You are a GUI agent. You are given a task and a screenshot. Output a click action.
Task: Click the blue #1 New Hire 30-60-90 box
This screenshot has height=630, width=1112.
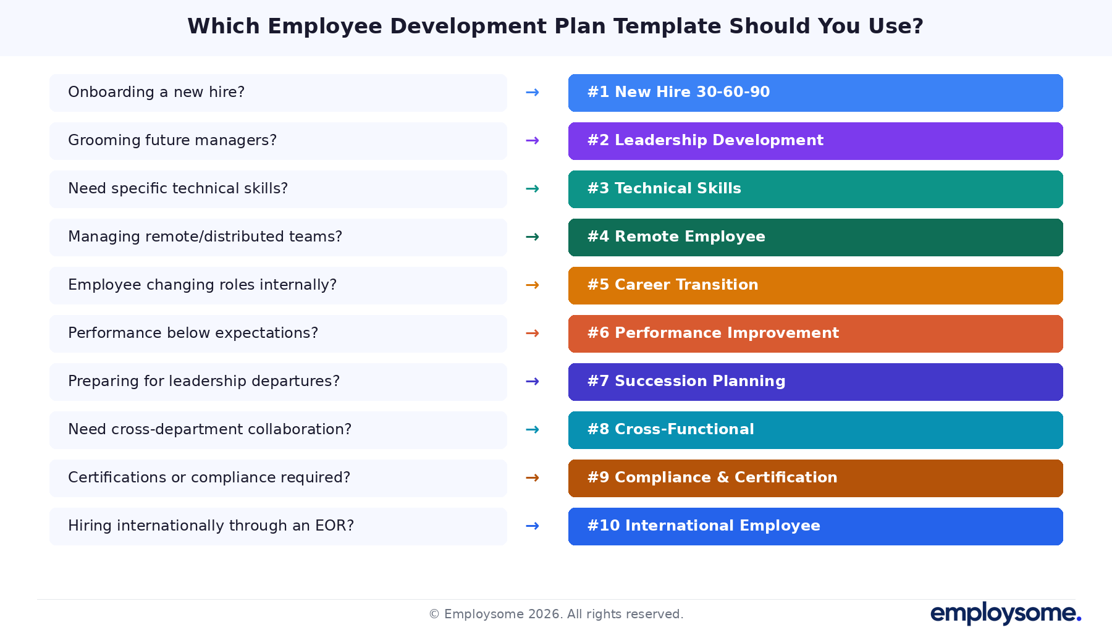coord(815,93)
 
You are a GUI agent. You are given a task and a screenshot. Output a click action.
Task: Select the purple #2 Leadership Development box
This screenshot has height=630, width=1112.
coord(815,141)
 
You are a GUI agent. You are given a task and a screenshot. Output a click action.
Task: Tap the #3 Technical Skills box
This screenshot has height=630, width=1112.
coord(815,189)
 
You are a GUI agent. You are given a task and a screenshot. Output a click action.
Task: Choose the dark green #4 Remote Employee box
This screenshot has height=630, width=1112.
coord(815,237)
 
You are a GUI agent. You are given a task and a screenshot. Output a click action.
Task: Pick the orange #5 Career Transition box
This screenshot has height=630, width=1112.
coord(815,285)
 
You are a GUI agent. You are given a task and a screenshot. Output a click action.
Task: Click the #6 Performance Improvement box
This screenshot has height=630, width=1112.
coord(815,334)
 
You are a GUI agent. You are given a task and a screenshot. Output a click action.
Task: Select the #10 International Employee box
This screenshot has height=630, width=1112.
coord(815,526)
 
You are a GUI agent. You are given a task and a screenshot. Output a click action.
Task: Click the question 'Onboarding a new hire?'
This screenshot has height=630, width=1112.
coord(156,92)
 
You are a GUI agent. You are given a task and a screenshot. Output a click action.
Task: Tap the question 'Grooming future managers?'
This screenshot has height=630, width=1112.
coord(172,140)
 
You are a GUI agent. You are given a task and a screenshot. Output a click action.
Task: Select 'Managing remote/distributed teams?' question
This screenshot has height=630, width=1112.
coord(205,237)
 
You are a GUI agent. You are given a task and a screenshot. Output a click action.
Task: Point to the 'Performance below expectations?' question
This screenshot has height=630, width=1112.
coord(193,333)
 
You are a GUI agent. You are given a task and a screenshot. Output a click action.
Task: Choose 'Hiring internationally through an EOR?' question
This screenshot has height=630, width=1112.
coord(211,526)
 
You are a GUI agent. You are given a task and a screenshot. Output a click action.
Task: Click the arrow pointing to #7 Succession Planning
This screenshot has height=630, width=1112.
coord(532,382)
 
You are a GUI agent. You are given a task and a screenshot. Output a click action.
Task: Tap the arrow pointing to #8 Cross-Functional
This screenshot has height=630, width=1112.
coord(532,430)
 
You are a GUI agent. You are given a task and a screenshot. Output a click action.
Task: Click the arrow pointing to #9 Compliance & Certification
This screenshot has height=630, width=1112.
coord(532,478)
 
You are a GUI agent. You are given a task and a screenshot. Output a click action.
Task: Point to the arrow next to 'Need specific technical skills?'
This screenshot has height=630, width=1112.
coord(532,189)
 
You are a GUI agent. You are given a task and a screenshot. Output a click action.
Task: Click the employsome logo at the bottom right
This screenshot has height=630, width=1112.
coord(1005,613)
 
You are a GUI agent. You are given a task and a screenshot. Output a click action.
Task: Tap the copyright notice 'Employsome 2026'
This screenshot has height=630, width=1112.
coord(556,614)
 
